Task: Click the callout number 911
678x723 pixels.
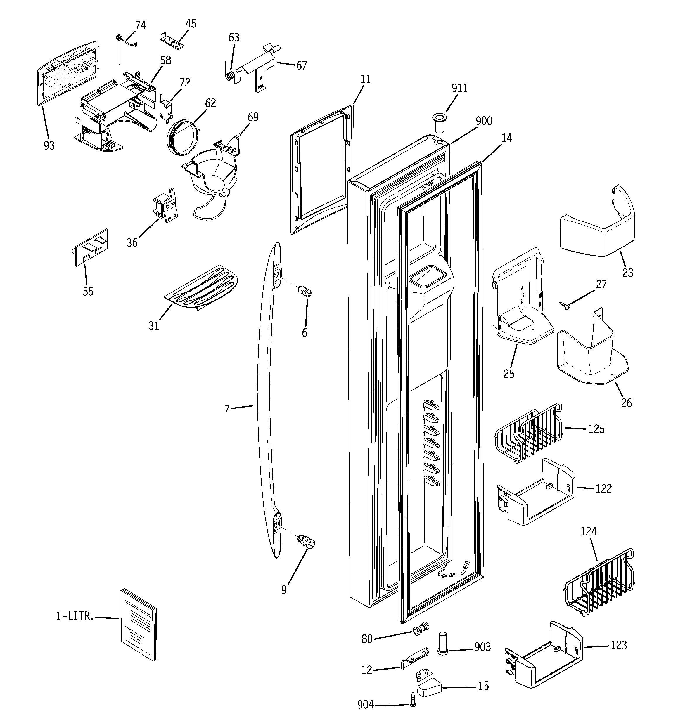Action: click(459, 88)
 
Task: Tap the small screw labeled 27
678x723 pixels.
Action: click(565, 306)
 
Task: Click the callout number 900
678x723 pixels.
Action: click(484, 121)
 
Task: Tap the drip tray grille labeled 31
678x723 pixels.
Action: click(201, 287)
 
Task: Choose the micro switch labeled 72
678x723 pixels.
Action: click(165, 109)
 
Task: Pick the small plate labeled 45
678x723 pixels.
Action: click(172, 41)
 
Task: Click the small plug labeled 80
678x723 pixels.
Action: click(421, 628)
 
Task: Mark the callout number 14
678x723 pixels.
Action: click(506, 138)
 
